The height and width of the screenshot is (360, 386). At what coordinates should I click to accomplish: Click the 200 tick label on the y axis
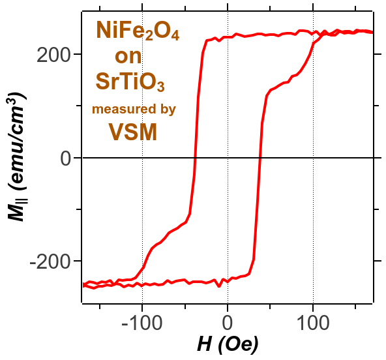[x=52, y=55]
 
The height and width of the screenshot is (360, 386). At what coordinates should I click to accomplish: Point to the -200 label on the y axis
[x=49, y=262]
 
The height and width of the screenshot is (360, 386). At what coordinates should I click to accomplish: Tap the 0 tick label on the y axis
[x=66, y=158]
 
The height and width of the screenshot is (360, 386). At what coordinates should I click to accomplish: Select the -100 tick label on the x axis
[x=142, y=323]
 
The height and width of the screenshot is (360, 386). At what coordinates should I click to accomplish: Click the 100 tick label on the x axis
[x=313, y=323]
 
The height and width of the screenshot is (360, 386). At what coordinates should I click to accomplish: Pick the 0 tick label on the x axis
[x=227, y=323]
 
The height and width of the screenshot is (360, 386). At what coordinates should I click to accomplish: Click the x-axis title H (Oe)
[x=228, y=344]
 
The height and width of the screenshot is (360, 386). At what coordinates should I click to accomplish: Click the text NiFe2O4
[x=138, y=31]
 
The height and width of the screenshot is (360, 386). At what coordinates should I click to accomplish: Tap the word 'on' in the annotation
[x=128, y=56]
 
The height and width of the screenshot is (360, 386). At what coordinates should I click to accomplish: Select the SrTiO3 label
[x=130, y=82]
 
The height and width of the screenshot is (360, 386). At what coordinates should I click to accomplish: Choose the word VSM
[x=133, y=132]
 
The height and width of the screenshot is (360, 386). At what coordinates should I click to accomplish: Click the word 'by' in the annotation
[x=168, y=110]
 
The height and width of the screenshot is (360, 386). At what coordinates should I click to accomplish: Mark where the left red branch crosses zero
[x=195, y=158]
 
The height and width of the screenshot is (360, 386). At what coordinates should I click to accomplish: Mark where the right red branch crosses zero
[x=260, y=158]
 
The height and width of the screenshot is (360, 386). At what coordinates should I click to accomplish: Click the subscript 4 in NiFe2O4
[x=175, y=36]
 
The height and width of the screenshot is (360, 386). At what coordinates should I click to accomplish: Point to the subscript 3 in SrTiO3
[x=161, y=87]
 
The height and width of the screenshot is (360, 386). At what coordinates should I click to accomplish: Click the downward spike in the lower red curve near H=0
[x=219, y=286]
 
